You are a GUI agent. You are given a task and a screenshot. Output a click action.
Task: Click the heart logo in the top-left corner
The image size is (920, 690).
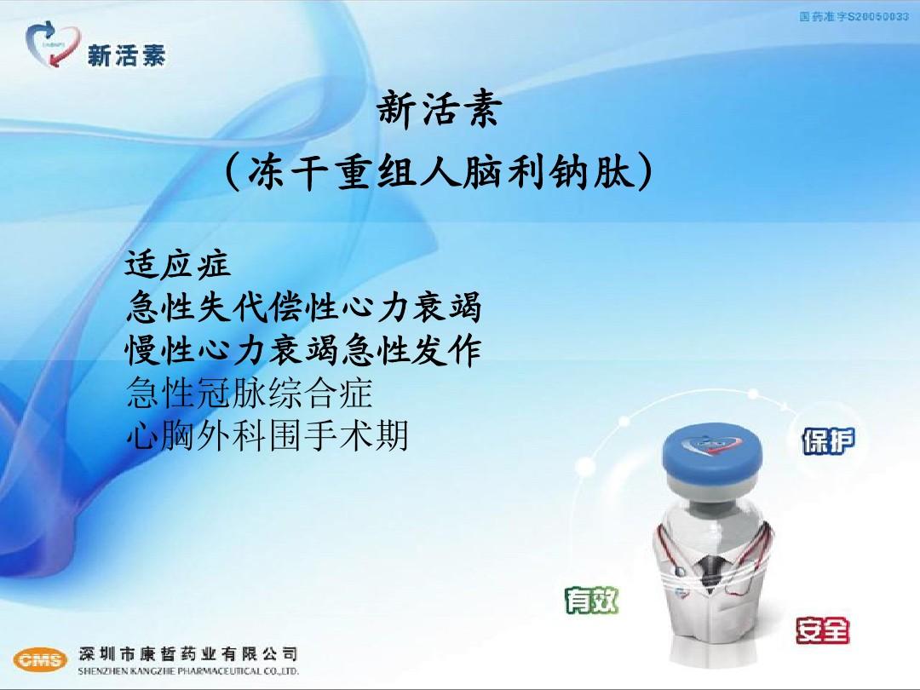53,44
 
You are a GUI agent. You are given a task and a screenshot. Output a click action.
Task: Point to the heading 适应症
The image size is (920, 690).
178,264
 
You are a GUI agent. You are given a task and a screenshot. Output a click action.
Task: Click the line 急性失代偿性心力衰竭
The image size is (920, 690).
304,307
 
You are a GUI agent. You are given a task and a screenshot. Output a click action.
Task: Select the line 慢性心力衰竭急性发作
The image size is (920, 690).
304,350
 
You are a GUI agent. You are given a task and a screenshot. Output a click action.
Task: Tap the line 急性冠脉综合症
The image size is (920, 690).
249,394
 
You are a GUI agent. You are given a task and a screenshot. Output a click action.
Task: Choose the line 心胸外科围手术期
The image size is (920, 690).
267,436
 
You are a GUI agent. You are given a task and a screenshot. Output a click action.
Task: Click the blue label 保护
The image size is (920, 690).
828,441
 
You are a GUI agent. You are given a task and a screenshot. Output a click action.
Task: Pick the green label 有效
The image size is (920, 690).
592,601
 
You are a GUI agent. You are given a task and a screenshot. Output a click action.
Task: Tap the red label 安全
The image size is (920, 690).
822,630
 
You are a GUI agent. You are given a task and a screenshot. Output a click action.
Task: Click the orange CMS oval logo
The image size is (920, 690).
40,659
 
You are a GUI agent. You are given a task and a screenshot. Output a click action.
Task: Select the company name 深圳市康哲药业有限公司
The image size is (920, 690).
188,653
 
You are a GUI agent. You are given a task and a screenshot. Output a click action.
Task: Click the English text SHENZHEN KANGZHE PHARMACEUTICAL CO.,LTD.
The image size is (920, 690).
188,671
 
